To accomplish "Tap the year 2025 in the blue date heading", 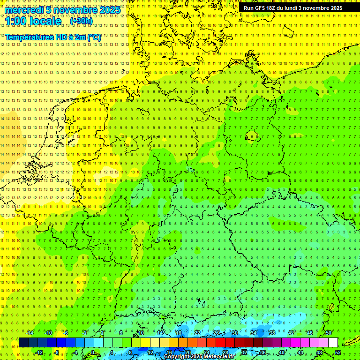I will click(x=107, y=10).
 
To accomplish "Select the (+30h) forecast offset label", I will click(x=81, y=21).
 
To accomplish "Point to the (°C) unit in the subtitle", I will click(x=94, y=37).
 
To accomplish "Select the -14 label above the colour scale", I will click(x=30, y=333).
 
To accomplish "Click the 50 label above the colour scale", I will click(x=329, y=333).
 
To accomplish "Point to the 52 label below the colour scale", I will click(x=338, y=352).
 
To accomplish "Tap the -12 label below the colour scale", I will click(x=39, y=352).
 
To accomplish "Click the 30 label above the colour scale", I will click(x=235, y=333).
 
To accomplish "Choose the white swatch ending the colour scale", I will click(x=333, y=343).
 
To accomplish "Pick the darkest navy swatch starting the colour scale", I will click(x=23, y=343).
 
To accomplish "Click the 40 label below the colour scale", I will click(x=281, y=352).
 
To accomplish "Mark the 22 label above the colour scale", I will click(x=197, y=333).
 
